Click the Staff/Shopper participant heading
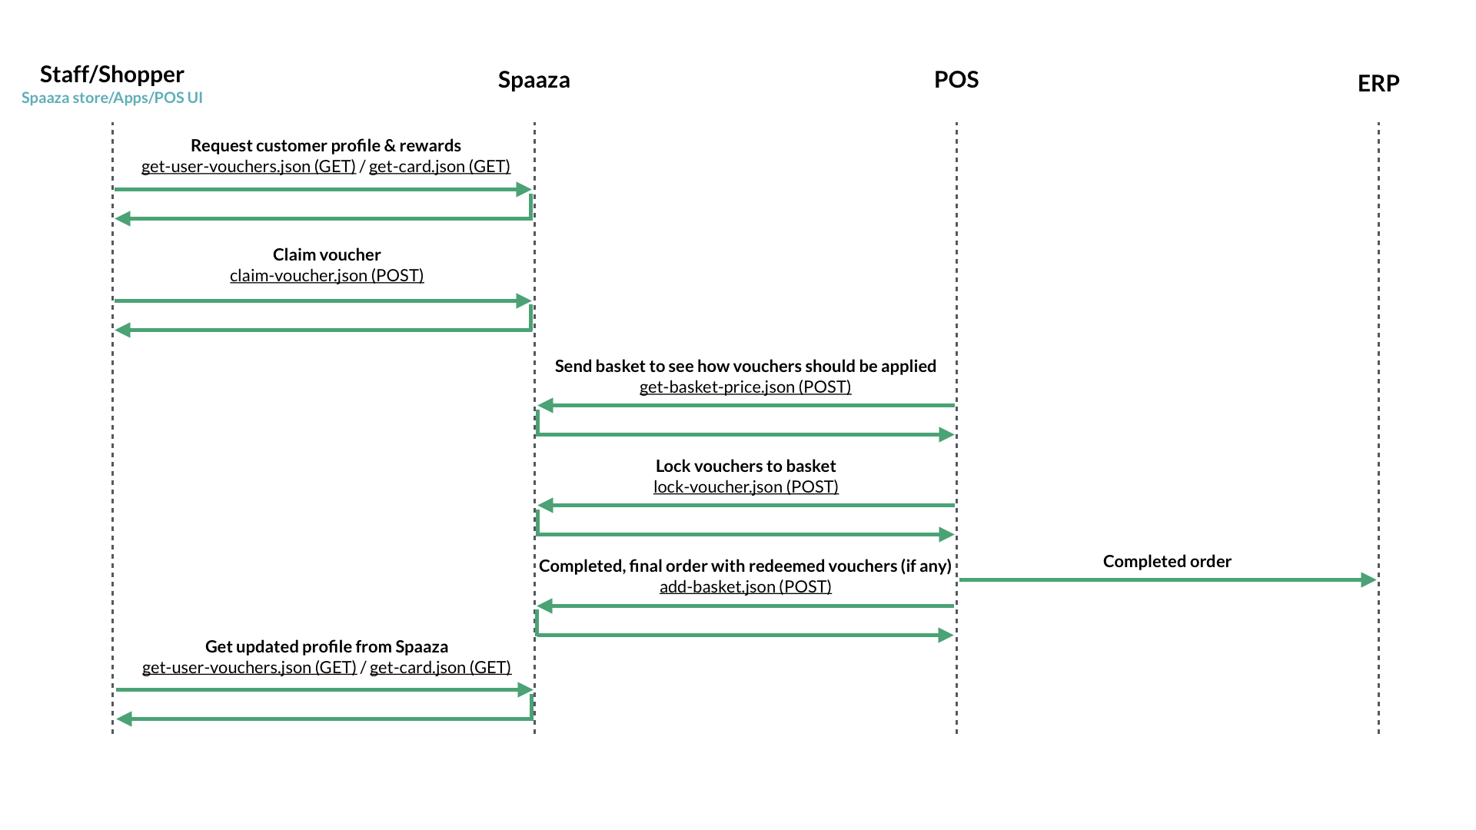coord(112,75)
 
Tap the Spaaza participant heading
coord(534,80)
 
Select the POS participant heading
coord(956,80)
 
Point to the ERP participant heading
coord(1378,83)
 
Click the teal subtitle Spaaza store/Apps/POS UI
coord(112,98)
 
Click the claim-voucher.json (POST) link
coord(327,275)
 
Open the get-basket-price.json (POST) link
coord(745,387)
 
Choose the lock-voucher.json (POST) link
coord(745,486)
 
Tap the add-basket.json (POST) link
coord(745,586)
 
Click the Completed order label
coord(1166,561)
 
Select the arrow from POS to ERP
coord(1166,579)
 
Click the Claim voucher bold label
coord(327,254)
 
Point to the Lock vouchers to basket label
coord(745,466)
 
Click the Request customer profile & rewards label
coord(325,145)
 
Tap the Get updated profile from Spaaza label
coord(327,646)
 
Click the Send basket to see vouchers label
coord(745,366)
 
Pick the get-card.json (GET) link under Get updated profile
coord(440,667)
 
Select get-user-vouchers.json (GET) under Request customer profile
coord(248,166)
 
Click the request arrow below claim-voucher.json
coord(323,300)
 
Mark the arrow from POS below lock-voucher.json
coord(745,505)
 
